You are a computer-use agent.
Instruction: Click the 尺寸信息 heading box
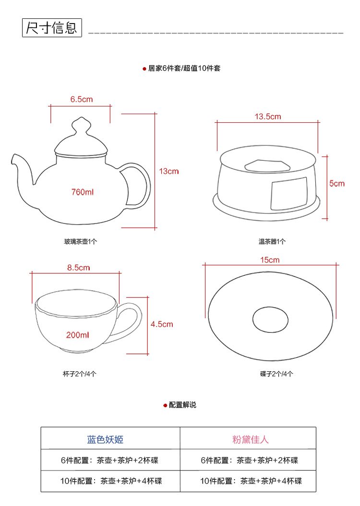52,28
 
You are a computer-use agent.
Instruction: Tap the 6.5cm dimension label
82,99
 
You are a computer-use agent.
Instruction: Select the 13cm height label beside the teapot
168,171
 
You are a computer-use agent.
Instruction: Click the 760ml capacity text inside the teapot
83,192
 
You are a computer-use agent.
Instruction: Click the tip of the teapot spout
13,157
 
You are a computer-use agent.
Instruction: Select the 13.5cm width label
268,117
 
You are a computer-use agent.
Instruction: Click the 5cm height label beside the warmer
337,183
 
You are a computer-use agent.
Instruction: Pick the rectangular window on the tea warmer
289,193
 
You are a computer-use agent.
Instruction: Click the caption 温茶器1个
272,241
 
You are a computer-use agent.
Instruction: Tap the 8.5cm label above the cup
78,268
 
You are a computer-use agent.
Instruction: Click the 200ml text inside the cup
77,335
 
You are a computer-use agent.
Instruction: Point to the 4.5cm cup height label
162,324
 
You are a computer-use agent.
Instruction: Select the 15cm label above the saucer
270,260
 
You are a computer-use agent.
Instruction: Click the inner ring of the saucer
270,307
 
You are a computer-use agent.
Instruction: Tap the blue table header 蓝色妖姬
105,439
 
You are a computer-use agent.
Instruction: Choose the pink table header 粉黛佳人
251,439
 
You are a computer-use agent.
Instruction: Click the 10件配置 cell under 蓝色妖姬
111,481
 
